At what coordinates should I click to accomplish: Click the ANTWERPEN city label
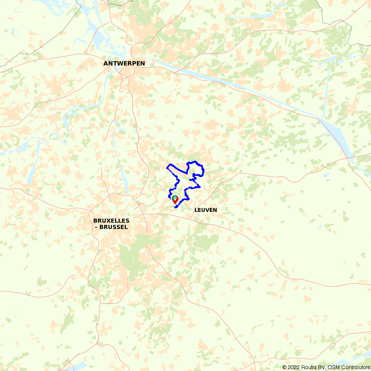[124, 63]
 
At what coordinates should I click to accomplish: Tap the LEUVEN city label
[206, 210]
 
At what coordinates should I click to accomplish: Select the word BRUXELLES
[111, 221]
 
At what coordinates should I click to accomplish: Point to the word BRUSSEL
[114, 227]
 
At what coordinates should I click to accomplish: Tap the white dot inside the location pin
[175, 198]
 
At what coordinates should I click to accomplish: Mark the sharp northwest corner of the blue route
[167, 168]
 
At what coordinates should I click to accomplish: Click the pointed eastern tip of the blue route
[200, 187]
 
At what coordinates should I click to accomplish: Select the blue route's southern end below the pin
[175, 207]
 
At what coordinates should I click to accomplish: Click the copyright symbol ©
[285, 367]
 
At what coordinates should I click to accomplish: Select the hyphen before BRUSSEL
[96, 227]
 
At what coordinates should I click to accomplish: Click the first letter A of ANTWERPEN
[105, 63]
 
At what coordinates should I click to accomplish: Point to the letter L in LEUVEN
[196, 210]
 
